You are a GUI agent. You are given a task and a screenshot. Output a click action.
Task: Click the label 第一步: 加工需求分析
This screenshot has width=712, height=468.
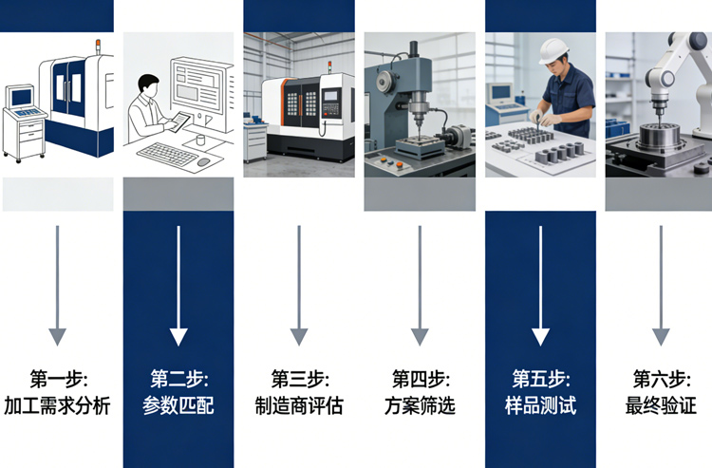58,392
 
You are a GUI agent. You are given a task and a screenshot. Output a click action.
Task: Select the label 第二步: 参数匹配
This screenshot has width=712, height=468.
178,392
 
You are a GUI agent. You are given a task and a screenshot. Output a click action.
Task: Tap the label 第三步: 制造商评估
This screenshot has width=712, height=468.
299,392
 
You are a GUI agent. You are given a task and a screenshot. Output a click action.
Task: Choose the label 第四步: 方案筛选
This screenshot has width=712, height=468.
420,392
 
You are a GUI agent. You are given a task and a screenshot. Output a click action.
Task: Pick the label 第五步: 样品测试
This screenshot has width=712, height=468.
540,392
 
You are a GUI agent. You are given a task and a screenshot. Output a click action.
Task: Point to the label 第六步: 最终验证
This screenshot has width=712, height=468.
661,392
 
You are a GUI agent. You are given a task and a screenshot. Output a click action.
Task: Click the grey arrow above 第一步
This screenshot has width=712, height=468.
58,285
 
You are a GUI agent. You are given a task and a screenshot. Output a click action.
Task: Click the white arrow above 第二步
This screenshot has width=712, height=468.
178,285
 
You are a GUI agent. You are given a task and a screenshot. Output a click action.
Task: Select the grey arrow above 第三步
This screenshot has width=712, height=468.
299,285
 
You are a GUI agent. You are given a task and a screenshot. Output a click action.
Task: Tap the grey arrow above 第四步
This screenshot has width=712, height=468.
420,285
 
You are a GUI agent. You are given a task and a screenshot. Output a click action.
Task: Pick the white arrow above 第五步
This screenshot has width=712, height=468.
540,285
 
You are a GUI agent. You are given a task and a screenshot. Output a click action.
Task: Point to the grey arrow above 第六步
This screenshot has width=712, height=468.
661,285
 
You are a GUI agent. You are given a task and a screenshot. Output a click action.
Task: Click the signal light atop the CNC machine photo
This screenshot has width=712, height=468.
328,67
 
